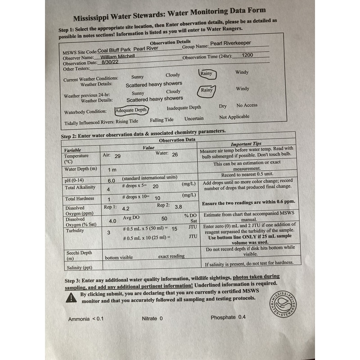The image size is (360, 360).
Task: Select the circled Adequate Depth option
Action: (131, 110)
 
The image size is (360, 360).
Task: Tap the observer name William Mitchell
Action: (118, 57)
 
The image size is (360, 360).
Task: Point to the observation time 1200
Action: (248, 55)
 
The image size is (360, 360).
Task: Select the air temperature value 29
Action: (117, 156)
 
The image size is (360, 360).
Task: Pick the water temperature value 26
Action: (175, 154)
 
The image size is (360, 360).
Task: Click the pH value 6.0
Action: (111, 180)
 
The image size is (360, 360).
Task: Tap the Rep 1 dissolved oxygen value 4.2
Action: (126, 209)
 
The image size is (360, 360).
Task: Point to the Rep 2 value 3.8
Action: (178, 207)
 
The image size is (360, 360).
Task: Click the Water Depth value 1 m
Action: (112, 170)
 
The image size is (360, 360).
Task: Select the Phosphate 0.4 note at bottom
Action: (228, 317)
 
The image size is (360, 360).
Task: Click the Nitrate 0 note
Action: (152, 319)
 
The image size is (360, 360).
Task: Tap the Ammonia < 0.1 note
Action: (86, 319)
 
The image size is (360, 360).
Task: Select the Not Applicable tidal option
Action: (234, 117)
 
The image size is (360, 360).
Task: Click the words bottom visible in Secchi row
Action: (119, 258)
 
